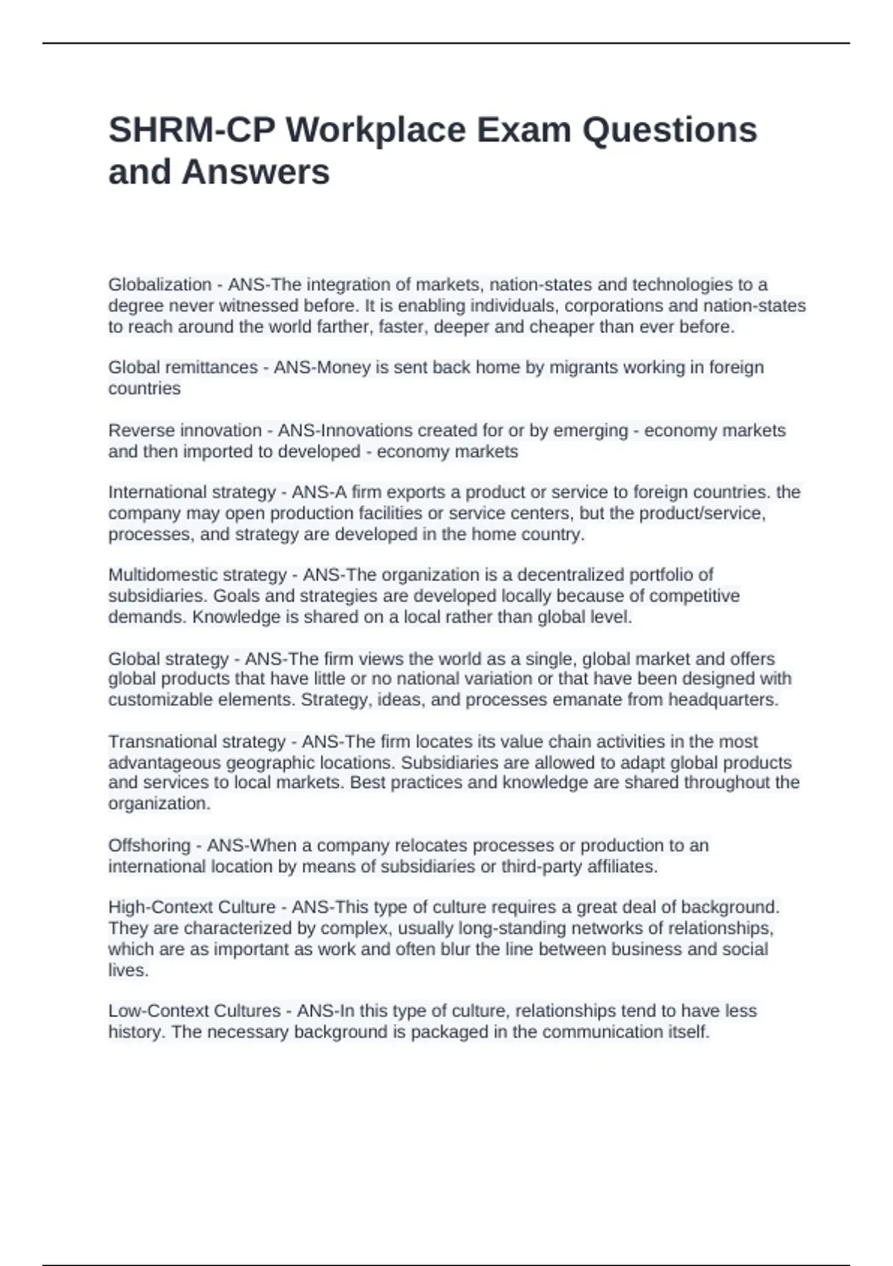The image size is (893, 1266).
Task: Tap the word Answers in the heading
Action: tap(255, 172)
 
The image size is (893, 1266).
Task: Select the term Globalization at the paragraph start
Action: tap(159, 284)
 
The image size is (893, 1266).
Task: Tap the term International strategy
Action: tap(192, 492)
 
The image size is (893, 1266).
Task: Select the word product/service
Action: tap(688, 513)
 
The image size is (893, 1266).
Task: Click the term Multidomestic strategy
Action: tap(197, 575)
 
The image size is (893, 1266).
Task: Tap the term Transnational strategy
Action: tap(196, 742)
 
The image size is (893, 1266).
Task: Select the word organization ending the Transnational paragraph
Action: tap(159, 804)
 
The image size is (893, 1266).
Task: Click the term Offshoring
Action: tap(149, 845)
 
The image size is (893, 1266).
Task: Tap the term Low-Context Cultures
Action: tap(193, 1011)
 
